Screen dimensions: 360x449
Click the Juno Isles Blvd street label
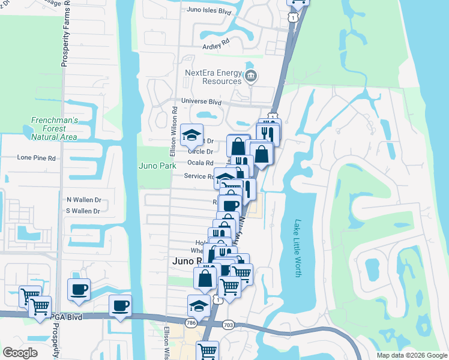coord(209,11)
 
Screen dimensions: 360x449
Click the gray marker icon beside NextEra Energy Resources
coord(251,76)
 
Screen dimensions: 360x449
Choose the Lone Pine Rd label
coord(36,158)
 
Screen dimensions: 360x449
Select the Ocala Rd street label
coord(200,163)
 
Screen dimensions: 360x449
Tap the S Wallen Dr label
coord(83,211)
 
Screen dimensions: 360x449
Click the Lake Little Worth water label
coord(297,248)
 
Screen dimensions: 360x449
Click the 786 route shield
coord(191,323)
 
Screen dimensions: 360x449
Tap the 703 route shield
coord(228,325)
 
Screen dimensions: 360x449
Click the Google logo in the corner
coord(20,352)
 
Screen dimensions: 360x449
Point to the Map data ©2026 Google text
coord(411,355)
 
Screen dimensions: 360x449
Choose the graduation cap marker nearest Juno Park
coord(191,136)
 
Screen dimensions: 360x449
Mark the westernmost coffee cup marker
coord(79,290)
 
